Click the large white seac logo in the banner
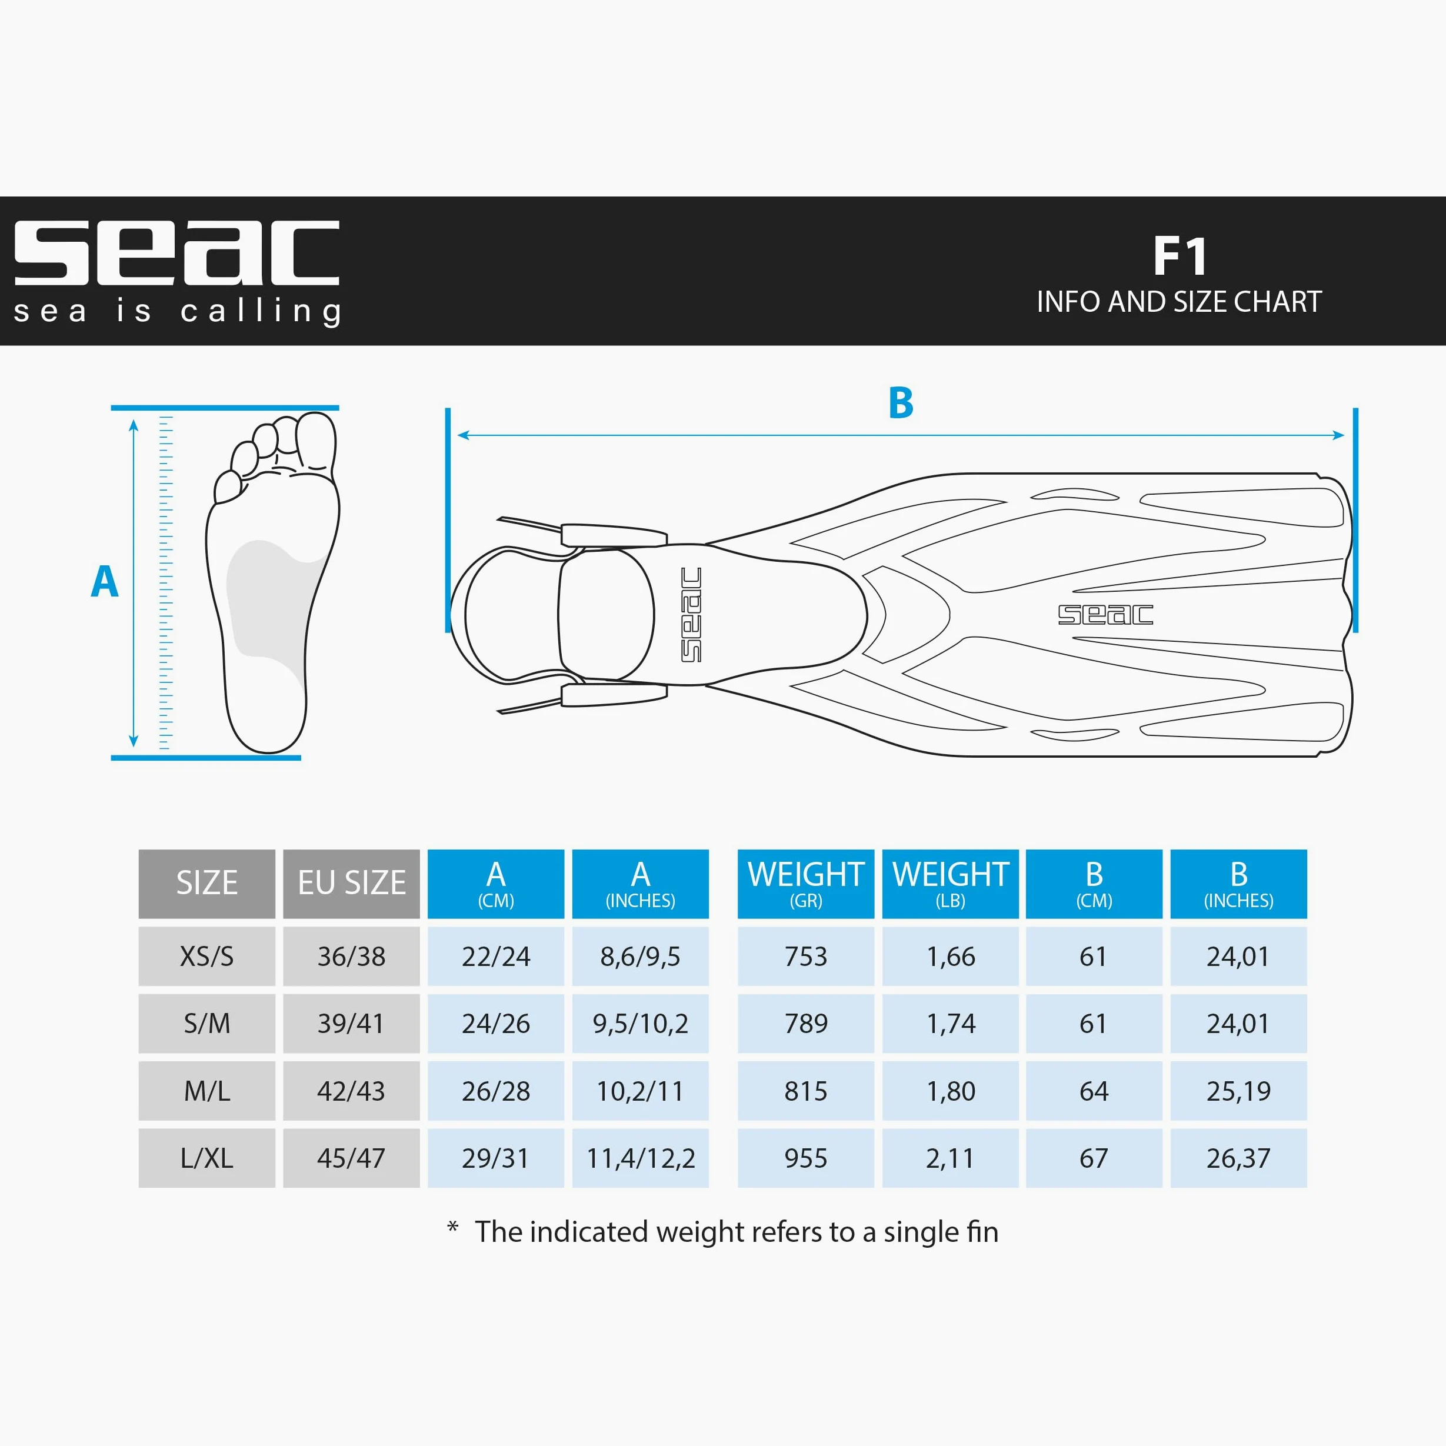176,252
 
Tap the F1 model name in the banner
1180,256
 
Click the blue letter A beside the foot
105,582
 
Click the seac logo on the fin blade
1105,615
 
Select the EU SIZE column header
351,883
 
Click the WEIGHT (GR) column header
805,883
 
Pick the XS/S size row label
206,956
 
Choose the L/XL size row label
206,1158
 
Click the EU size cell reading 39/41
351,1023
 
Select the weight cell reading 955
805,1158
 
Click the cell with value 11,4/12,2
640,1158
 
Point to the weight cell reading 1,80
951,1091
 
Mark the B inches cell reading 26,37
1239,1158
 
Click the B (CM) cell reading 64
1094,1091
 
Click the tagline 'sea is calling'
178,311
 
